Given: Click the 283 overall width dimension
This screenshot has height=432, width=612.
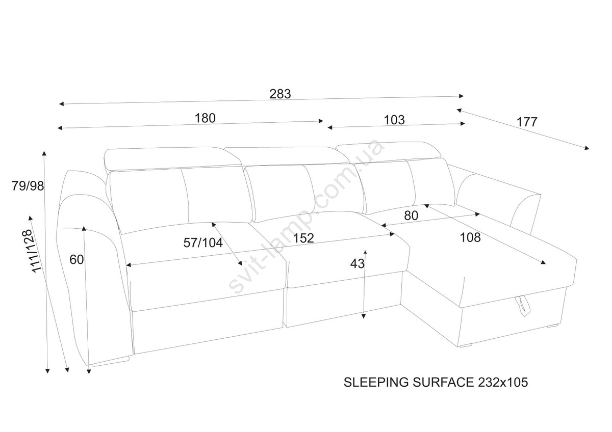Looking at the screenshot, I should (x=280, y=94).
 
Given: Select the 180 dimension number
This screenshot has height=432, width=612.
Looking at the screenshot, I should (x=205, y=118).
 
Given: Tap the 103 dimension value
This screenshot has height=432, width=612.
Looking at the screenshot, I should (x=394, y=120).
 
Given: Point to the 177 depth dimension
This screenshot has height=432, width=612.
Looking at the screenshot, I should (x=527, y=122).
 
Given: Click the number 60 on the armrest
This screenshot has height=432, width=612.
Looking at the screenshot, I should (x=76, y=259).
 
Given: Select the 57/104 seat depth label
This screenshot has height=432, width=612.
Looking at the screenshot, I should (x=203, y=243).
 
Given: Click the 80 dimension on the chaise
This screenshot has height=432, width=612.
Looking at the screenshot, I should (x=411, y=215).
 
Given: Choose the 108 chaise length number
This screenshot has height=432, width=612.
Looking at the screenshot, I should (x=470, y=237).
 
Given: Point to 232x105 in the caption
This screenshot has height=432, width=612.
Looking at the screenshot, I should (x=502, y=382).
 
